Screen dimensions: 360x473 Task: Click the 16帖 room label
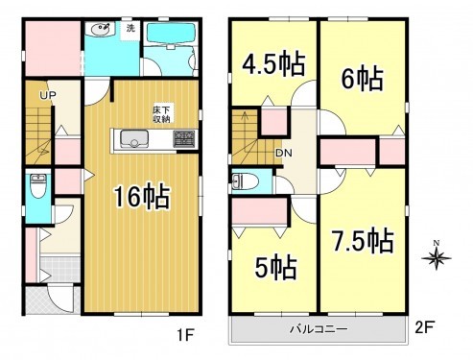(143, 198)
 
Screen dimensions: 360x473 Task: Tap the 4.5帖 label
(273, 64)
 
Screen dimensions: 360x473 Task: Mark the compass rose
(438, 257)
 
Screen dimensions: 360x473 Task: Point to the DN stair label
(285, 153)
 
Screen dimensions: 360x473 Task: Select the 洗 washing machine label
(130, 28)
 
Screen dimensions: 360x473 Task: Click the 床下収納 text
(160, 114)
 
